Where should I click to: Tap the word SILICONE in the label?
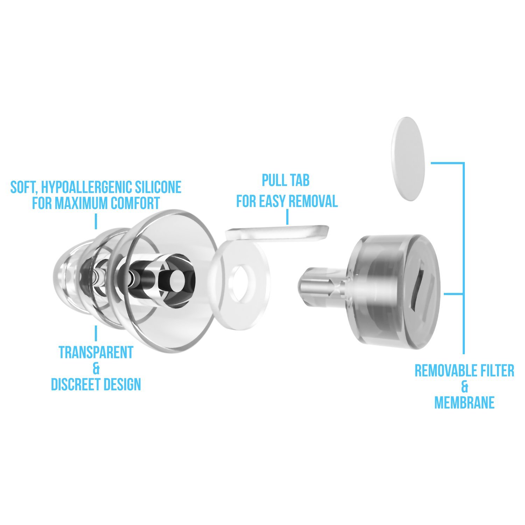click(159, 187)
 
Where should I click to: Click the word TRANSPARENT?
click(96, 352)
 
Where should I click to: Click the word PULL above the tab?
click(273, 181)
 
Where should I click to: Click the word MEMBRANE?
click(464, 402)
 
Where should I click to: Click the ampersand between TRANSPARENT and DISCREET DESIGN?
click(96, 369)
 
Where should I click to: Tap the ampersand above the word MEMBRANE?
click(464, 387)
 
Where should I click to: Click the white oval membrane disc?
click(409, 159)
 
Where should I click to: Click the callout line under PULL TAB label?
click(287, 217)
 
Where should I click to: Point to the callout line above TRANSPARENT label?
click(96, 333)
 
